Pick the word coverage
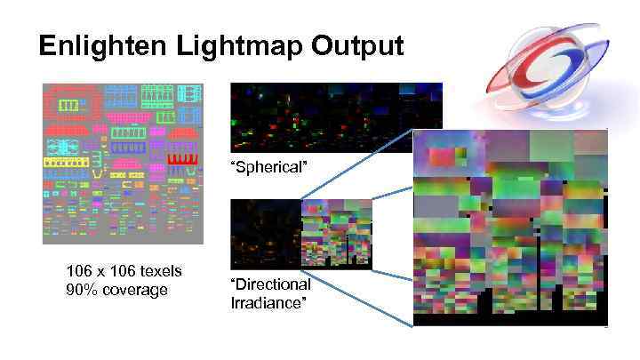pos(135,290)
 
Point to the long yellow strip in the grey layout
pos(71,163)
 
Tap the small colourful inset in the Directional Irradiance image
pos(337,233)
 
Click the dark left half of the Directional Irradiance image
pos(265,233)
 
